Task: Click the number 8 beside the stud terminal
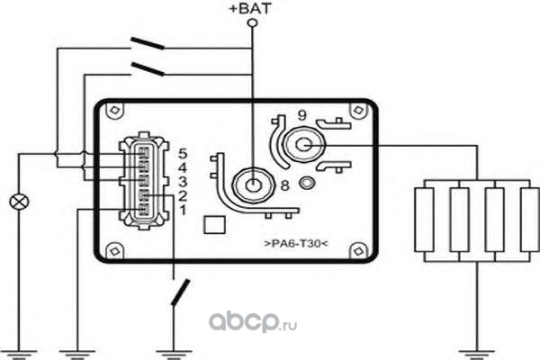pos(284,187)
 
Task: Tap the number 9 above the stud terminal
pos(303,114)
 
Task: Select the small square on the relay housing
pos(212,223)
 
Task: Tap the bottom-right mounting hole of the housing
pos(361,250)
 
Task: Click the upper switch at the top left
pos(148,43)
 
